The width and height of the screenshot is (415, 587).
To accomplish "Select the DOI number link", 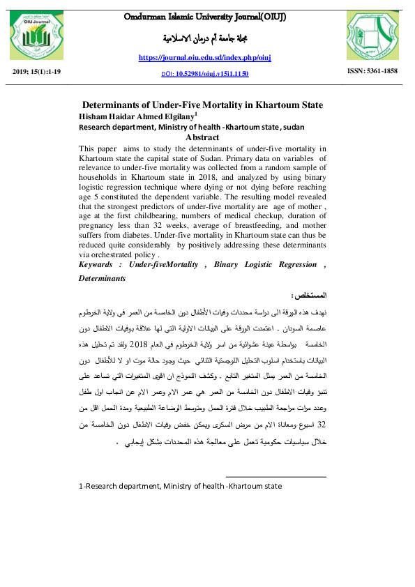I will (209, 73).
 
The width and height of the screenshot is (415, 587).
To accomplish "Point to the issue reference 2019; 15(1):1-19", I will (37, 71).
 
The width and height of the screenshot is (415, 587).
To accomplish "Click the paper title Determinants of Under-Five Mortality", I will (202, 105).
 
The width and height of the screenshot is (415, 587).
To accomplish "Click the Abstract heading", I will (202, 137).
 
